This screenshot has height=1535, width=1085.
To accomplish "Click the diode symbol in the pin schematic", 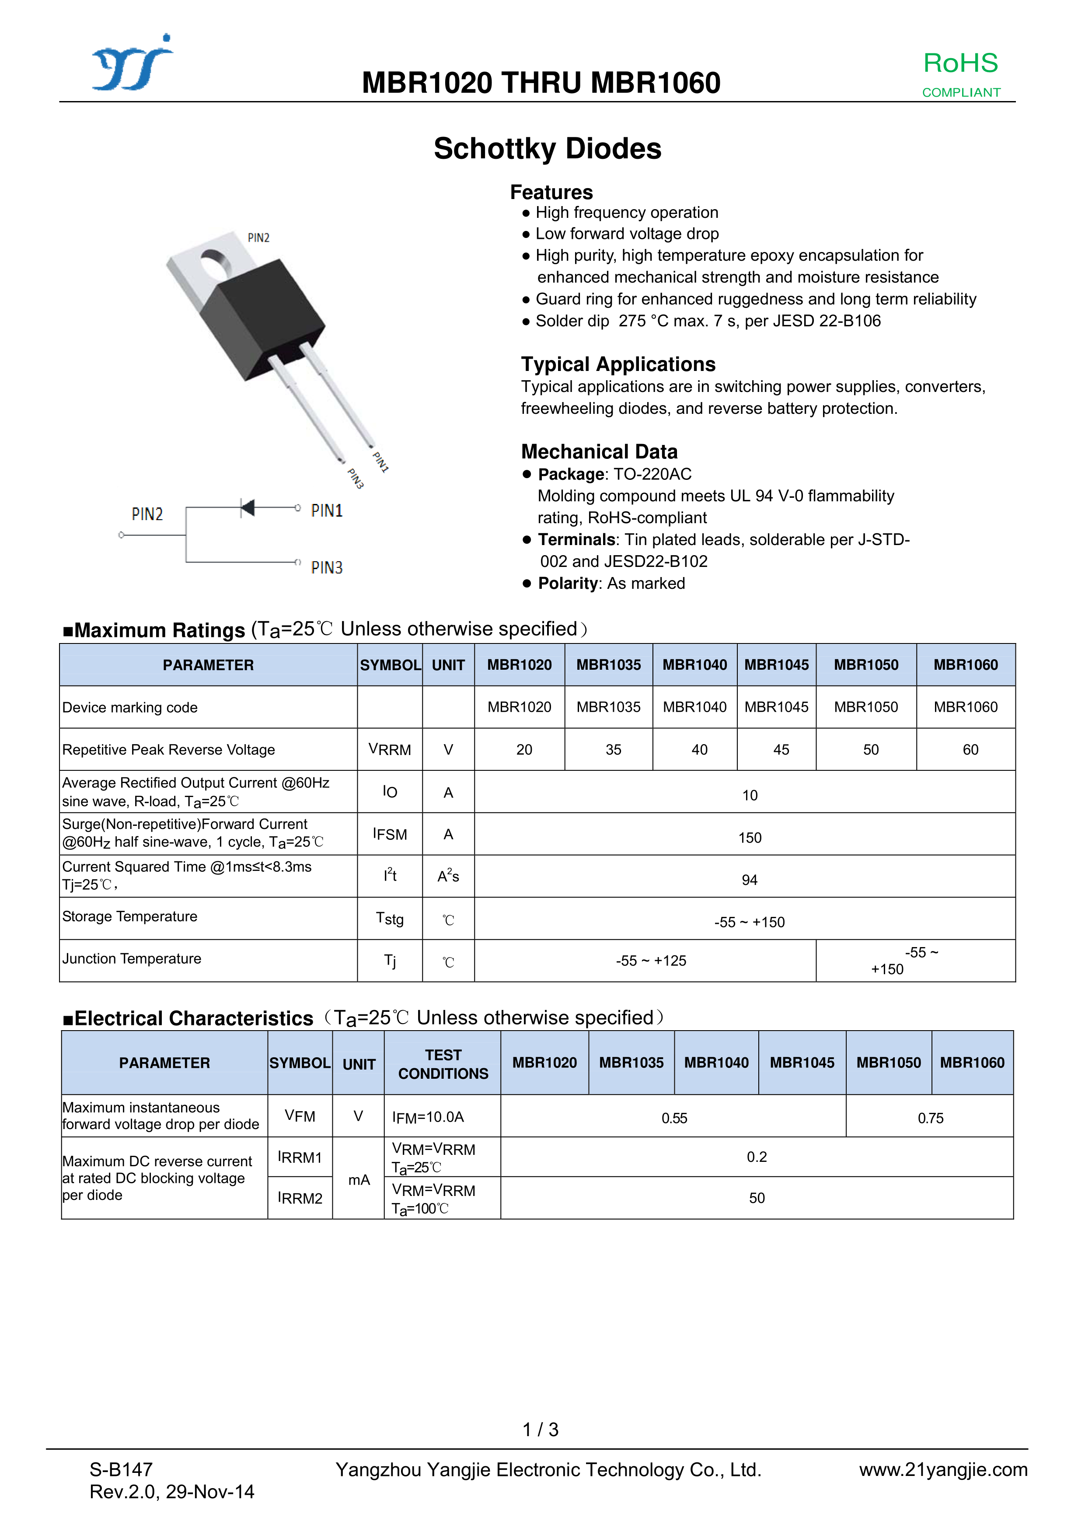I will click(248, 508).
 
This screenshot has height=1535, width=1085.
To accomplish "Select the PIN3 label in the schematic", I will click(326, 568).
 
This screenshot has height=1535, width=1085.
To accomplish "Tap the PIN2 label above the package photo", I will click(258, 238).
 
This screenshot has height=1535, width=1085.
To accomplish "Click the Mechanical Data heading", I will click(599, 452).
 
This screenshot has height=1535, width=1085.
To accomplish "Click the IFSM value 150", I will click(750, 838).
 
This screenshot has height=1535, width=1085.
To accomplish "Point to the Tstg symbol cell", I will click(390, 919).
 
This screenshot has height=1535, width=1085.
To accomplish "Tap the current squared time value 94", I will click(750, 880).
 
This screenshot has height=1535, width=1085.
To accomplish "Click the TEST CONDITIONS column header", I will click(443, 1064).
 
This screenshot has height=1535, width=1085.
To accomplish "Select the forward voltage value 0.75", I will click(930, 1118).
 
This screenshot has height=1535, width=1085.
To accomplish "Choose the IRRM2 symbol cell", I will click(300, 1198).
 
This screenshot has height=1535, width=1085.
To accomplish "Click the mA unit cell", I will click(359, 1180).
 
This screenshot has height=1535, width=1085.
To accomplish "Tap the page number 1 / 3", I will click(540, 1430).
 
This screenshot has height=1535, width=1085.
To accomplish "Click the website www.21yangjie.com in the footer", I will click(942, 1469).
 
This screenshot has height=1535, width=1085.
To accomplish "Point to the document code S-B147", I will click(121, 1469).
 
